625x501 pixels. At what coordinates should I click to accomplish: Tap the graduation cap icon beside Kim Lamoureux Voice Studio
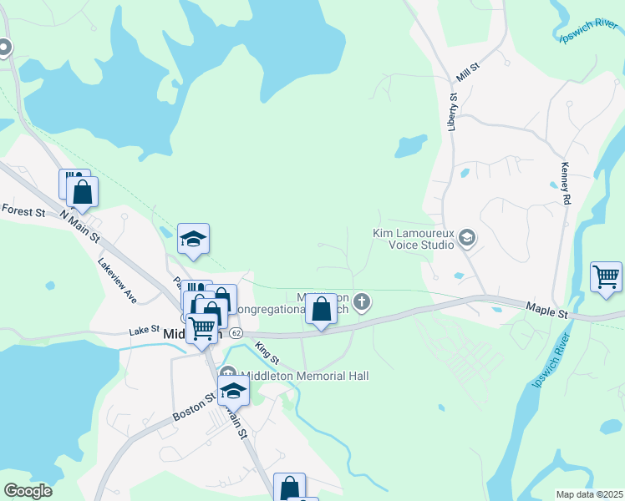click(467, 240)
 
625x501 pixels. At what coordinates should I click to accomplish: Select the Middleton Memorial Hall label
click(305, 377)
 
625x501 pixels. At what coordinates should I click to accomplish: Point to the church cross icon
click(361, 301)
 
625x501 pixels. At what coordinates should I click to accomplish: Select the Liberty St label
click(452, 112)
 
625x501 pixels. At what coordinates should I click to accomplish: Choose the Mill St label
click(466, 73)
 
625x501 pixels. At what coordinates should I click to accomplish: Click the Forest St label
click(23, 211)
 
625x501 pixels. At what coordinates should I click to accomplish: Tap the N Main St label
click(79, 226)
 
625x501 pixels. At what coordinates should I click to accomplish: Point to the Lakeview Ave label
click(116, 279)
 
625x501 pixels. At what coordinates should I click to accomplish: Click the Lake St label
click(144, 331)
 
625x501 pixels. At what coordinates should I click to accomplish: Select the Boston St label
click(188, 407)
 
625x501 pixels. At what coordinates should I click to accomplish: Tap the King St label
click(267, 352)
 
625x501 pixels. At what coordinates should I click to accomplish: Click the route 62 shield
click(236, 333)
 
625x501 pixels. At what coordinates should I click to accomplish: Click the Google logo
click(28, 491)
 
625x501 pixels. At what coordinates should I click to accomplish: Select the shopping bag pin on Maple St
click(322, 312)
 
